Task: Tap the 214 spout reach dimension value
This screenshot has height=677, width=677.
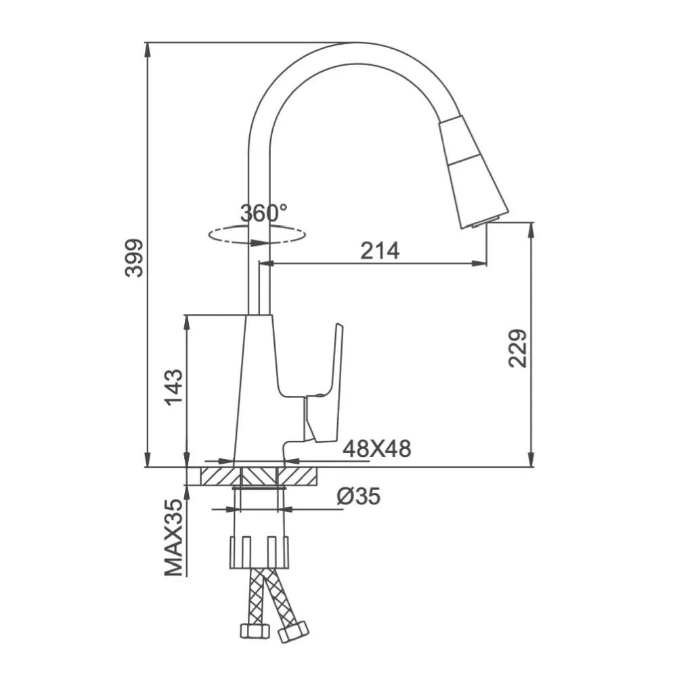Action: pyautogui.click(x=379, y=250)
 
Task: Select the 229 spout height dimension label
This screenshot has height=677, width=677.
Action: pyautogui.click(x=518, y=348)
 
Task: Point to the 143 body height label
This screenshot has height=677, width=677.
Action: pyautogui.click(x=174, y=387)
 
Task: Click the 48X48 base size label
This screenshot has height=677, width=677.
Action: pyautogui.click(x=376, y=448)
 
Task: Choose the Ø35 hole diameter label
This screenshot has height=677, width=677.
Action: pyautogui.click(x=358, y=497)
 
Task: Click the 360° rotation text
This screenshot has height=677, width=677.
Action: pyautogui.click(x=264, y=213)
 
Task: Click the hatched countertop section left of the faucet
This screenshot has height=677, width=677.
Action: pyautogui.click(x=217, y=475)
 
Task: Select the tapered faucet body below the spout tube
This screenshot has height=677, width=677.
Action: pyautogui.click(x=258, y=386)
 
